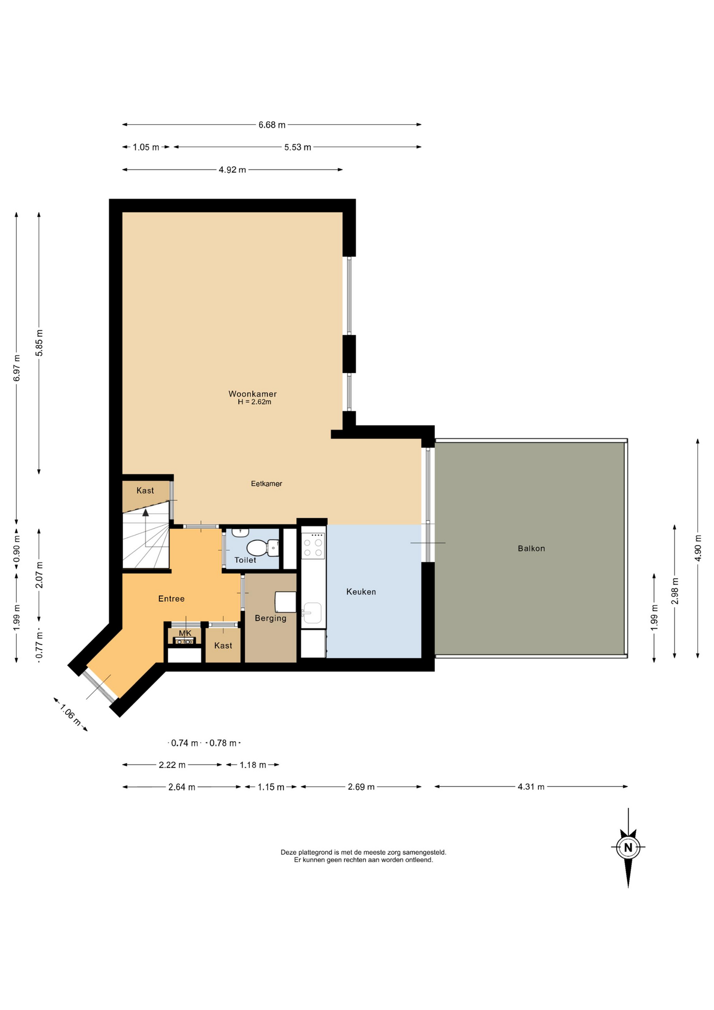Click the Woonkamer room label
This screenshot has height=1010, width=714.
pyautogui.click(x=252, y=393)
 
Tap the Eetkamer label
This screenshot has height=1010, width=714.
pyautogui.click(x=267, y=483)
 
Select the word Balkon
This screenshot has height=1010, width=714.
pyautogui.click(x=531, y=548)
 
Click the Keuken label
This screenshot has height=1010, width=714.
pyautogui.click(x=361, y=592)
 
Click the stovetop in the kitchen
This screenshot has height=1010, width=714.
pyautogui.click(x=313, y=546)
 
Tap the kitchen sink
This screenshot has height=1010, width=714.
pyautogui.click(x=312, y=613)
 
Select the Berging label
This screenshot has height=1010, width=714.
pyautogui.click(x=271, y=618)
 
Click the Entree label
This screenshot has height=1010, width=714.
pyautogui.click(x=171, y=599)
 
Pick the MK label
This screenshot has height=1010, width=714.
pyautogui.click(x=185, y=633)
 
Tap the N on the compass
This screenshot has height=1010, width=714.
pyautogui.click(x=628, y=847)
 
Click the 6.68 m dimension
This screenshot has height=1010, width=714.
pyautogui.click(x=272, y=125)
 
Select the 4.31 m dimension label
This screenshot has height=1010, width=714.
pyautogui.click(x=531, y=787)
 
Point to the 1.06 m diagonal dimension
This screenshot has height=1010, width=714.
pyautogui.click(x=70, y=715)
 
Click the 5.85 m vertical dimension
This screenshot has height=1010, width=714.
pyautogui.click(x=39, y=343)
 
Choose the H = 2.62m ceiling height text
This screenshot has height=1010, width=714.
pyautogui.click(x=254, y=402)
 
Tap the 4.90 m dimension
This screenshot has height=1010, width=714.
pyautogui.click(x=698, y=548)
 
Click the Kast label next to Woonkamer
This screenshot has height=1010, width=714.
pyautogui.click(x=145, y=490)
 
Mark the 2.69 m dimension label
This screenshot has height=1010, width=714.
pyautogui.click(x=361, y=787)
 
